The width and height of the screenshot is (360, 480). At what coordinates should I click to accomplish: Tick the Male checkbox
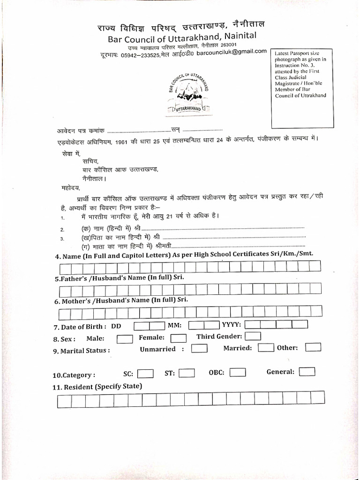pos(125,338)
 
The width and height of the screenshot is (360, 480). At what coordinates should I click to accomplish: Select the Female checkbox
pos(179,338)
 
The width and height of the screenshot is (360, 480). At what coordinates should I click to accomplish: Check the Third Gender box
pos(253,336)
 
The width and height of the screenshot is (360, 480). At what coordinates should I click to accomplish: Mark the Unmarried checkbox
pos(200,348)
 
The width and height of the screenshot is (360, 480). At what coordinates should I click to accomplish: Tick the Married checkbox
pos(266,347)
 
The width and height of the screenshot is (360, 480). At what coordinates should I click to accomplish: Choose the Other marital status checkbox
pos(313,347)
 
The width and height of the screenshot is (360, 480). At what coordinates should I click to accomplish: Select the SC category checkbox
pos(145,374)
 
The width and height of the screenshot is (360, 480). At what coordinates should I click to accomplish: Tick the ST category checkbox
pos(187,373)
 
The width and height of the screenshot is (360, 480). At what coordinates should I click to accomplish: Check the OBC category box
pos(238,373)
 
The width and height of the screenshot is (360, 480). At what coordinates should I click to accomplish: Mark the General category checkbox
pos(307,372)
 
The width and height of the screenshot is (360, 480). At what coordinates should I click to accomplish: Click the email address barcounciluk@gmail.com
pos(232,52)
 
